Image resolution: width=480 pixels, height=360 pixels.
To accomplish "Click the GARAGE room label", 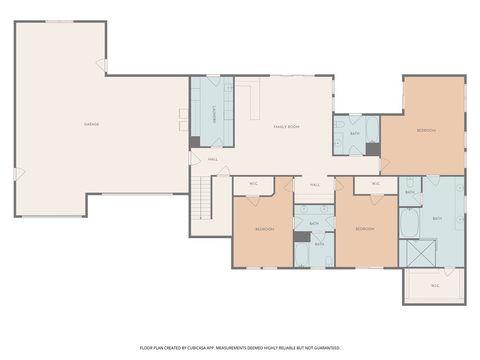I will (x=91, y=124).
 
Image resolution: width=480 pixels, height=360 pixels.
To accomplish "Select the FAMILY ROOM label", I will (x=288, y=126).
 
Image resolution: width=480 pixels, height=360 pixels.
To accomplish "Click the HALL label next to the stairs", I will (x=213, y=159).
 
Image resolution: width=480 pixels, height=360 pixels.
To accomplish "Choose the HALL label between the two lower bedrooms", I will (x=314, y=185).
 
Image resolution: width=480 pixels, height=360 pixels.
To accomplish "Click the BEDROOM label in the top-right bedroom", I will (x=426, y=131).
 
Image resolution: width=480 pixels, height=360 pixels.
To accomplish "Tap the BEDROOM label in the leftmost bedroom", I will (x=264, y=229).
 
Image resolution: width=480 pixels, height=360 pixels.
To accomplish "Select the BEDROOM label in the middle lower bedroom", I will (x=365, y=229).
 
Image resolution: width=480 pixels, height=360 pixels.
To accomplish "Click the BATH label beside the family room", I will (x=355, y=133).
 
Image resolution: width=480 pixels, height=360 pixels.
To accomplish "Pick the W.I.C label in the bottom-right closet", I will (x=435, y=285).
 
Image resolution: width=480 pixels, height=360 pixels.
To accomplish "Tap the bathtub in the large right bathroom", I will (x=411, y=222).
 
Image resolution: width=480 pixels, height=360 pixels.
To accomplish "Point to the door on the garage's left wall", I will (x=17, y=174).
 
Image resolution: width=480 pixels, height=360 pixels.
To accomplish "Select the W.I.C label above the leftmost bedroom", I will (x=252, y=184).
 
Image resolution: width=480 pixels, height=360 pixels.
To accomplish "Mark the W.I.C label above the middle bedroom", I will (x=375, y=184).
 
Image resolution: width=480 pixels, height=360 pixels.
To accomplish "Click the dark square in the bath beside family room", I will (x=372, y=149).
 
